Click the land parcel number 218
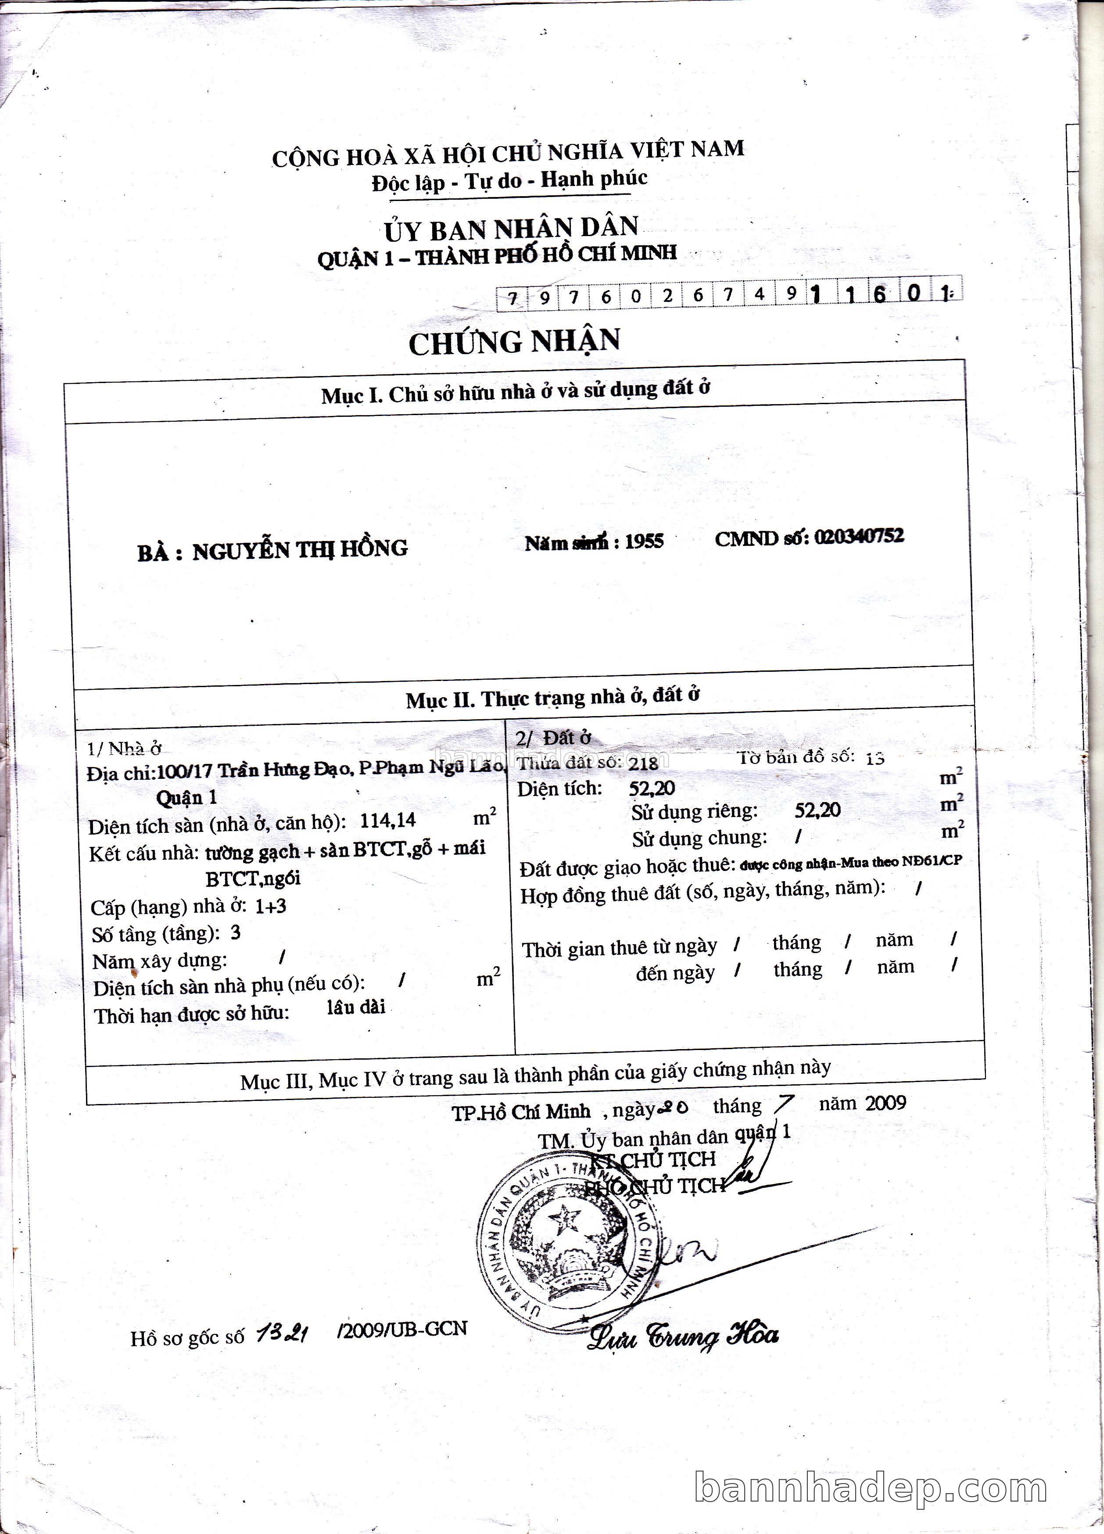pyautogui.click(x=643, y=763)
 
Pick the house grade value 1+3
pyautogui.click(x=271, y=906)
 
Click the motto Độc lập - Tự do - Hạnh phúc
pyautogui.click(x=509, y=181)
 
